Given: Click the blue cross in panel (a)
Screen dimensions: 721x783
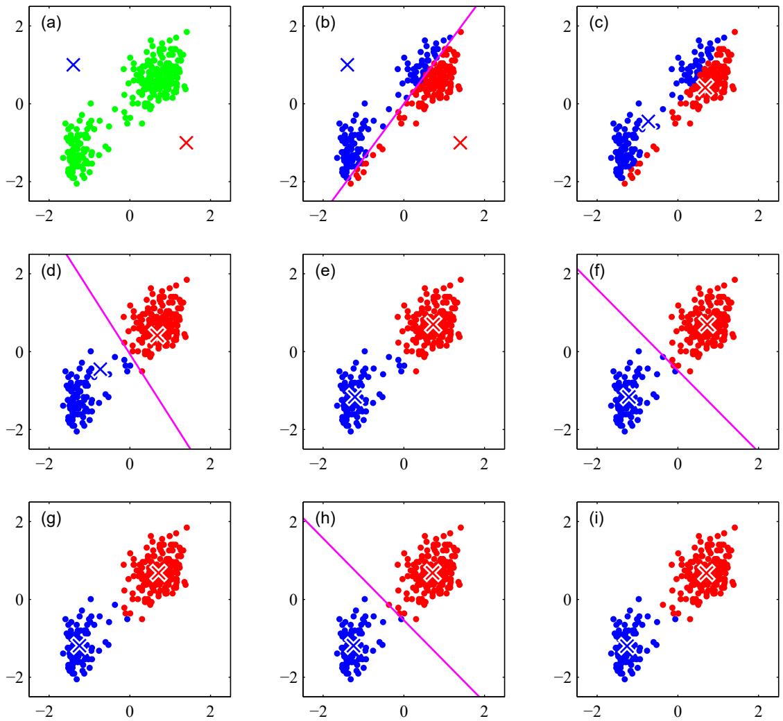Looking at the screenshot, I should pos(74,64).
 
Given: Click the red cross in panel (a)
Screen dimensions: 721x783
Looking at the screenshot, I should pos(186,143).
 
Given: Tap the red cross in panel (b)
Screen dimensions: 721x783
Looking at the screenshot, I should pos(461,143).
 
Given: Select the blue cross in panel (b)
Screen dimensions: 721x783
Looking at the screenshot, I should pos(347,64).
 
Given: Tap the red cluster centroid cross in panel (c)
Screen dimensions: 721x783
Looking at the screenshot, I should pos(705,87).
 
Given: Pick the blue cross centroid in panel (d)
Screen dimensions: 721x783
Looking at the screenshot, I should pos(101,368).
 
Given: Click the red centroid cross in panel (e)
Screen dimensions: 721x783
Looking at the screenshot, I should pos(432,324).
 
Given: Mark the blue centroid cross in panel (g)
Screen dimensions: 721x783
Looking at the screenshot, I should pos(79,645).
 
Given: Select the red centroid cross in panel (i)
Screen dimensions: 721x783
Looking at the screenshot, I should pos(706,572).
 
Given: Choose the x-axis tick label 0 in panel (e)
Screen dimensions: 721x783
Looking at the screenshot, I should pos(404,464).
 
